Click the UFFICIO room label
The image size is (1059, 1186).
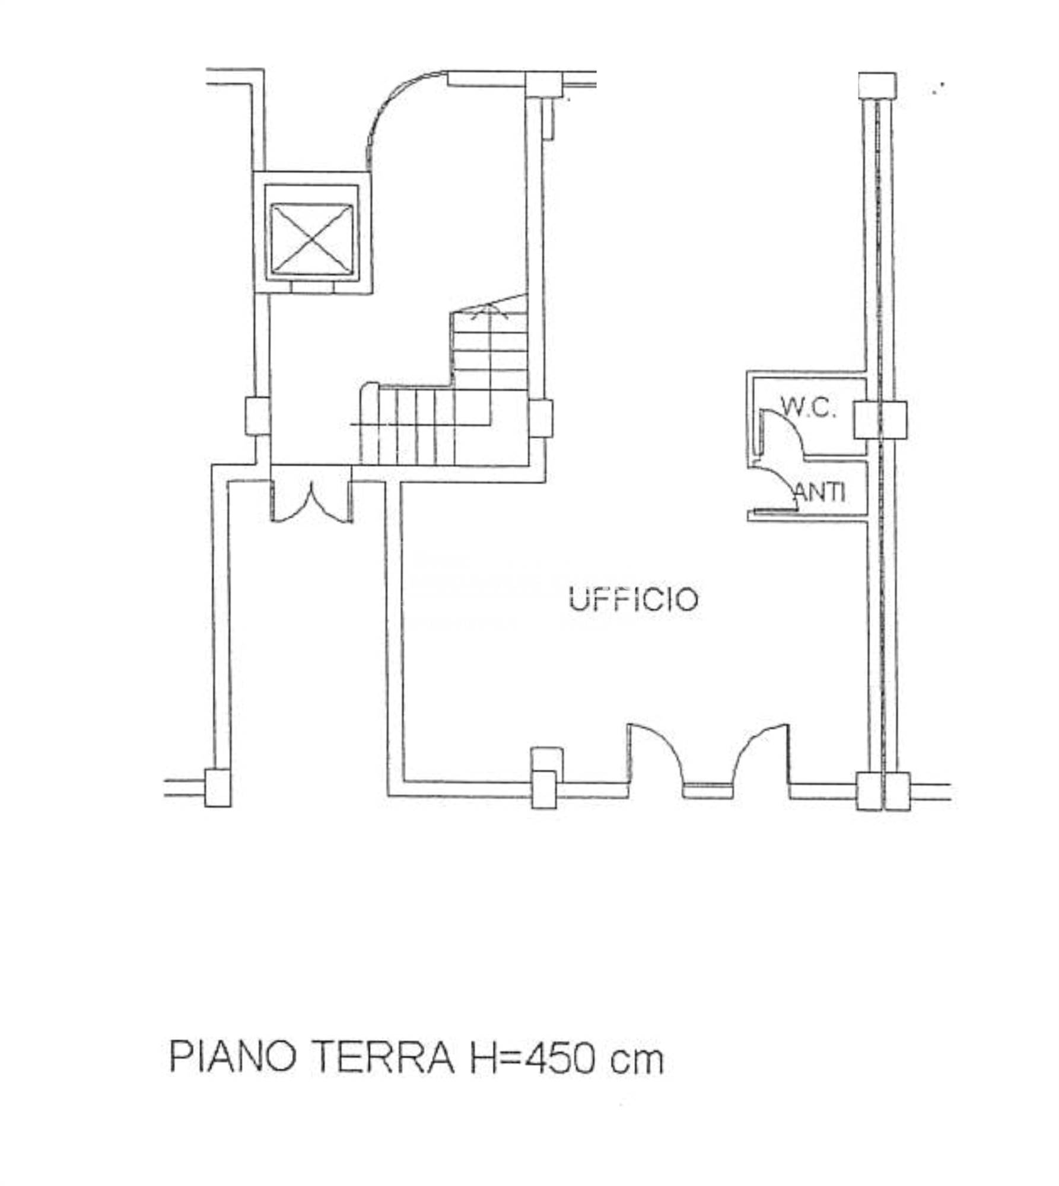point(633,599)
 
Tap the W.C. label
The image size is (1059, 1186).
point(809,407)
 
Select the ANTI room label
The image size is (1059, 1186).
point(820,492)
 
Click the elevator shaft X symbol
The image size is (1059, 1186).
point(311,240)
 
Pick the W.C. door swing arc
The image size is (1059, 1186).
point(783,430)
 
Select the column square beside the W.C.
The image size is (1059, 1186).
point(880,420)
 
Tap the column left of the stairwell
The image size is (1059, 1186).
point(257,416)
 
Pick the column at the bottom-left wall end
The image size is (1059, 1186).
point(218,788)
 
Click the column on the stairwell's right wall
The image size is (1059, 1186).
point(540,419)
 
